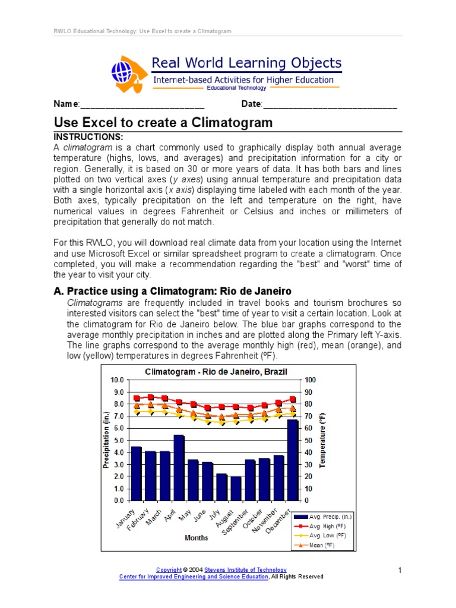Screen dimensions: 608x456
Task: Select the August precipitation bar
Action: click(236, 488)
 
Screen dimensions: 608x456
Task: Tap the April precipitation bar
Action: click(179, 467)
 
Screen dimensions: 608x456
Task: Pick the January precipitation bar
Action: click(136, 473)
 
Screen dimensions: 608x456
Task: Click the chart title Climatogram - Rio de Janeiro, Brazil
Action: click(216, 372)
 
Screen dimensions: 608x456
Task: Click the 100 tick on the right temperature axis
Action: click(311, 379)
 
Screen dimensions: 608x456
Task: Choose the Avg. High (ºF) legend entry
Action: click(324, 526)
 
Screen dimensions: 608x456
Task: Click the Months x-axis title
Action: click(196, 538)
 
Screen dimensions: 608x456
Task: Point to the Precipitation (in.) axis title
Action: click(107, 440)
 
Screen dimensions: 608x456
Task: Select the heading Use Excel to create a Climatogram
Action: click(163, 123)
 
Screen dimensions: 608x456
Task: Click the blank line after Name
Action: click(142, 105)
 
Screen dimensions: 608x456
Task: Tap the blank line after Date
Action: click(330, 105)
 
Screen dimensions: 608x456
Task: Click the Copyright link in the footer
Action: click(168, 570)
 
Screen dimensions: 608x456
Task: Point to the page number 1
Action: click(400, 571)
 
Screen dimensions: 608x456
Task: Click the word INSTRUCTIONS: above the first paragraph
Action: click(88, 137)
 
